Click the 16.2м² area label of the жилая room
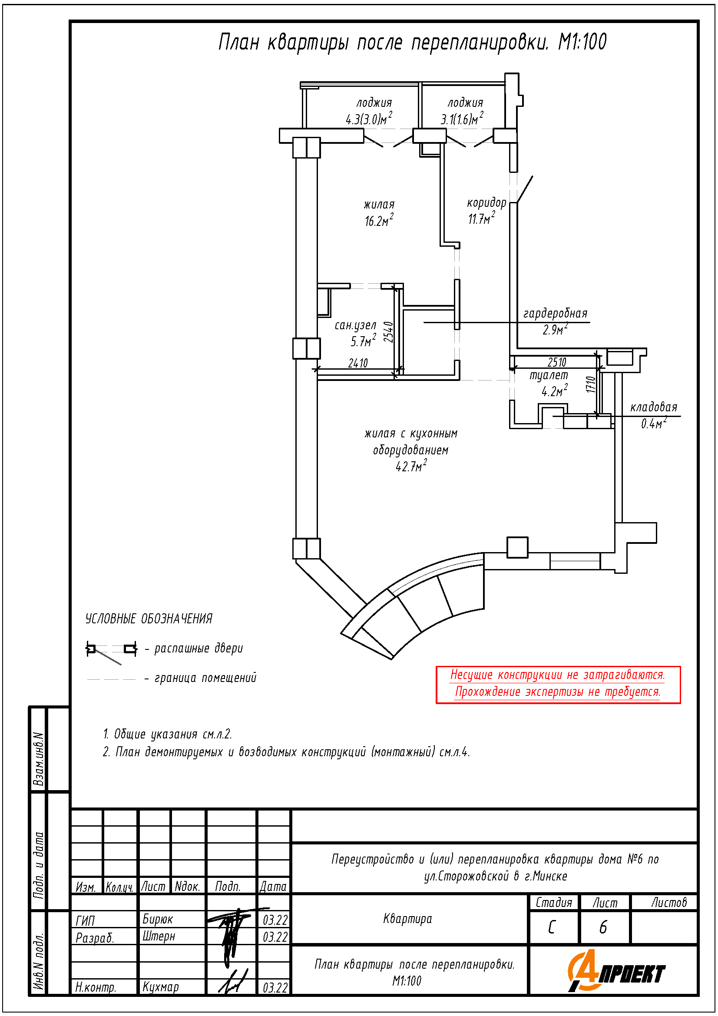click(x=379, y=220)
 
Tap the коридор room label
click(x=486, y=203)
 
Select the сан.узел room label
click(x=355, y=326)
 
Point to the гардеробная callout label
click(x=555, y=314)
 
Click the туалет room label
click(x=549, y=375)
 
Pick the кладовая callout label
click(x=653, y=407)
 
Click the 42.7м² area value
click(x=411, y=467)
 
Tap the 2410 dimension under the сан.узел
click(x=358, y=363)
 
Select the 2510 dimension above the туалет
click(x=556, y=362)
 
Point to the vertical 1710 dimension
click(x=591, y=384)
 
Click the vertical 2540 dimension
click(x=388, y=332)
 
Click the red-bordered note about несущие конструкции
click(x=558, y=684)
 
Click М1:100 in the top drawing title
click(x=582, y=43)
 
